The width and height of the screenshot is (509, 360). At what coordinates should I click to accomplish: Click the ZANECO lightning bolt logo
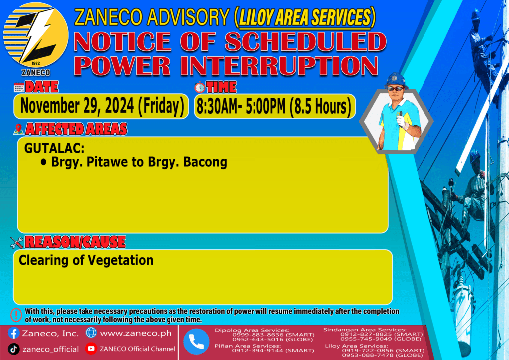[x=36, y=35]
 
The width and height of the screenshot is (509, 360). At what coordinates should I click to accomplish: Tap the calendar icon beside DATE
[x=19, y=88]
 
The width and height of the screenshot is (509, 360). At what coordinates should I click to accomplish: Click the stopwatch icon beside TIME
[x=200, y=88]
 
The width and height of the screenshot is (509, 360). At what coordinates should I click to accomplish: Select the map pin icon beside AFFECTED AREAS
[x=18, y=129]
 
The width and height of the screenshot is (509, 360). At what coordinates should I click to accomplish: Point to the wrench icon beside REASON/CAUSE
[x=17, y=242]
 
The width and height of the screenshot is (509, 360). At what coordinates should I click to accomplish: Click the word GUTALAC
[x=54, y=148]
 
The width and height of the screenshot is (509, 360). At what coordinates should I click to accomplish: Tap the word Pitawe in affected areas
[x=107, y=162]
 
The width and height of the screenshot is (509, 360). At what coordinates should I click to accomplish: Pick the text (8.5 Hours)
[x=320, y=107]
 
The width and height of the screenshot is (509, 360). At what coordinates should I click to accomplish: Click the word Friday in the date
[x=162, y=106]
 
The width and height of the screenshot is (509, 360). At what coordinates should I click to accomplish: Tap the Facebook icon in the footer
[x=13, y=333]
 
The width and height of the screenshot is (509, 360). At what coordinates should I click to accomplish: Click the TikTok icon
[x=13, y=349]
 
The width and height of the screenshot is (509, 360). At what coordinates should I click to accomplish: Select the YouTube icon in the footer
[x=91, y=348]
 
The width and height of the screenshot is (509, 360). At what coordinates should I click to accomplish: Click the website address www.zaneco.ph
[x=136, y=333]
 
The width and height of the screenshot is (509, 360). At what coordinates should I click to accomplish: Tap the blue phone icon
[x=196, y=342]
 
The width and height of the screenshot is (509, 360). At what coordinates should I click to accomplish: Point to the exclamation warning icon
[x=16, y=315]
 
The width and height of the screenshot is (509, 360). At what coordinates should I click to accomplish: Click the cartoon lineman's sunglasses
[x=396, y=89]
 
